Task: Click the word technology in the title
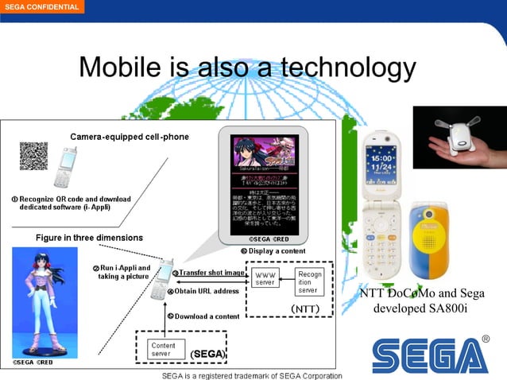pyautogui.click(x=346, y=68)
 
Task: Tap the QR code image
pyautogui.click(x=33, y=157)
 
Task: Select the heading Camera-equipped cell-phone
pyautogui.click(x=130, y=137)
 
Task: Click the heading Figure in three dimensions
pyautogui.click(x=89, y=238)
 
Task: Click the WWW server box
pyautogui.click(x=265, y=278)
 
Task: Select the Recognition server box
pyautogui.click(x=310, y=281)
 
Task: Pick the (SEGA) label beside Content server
pyautogui.click(x=208, y=353)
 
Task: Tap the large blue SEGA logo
pyautogui.click(x=430, y=354)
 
